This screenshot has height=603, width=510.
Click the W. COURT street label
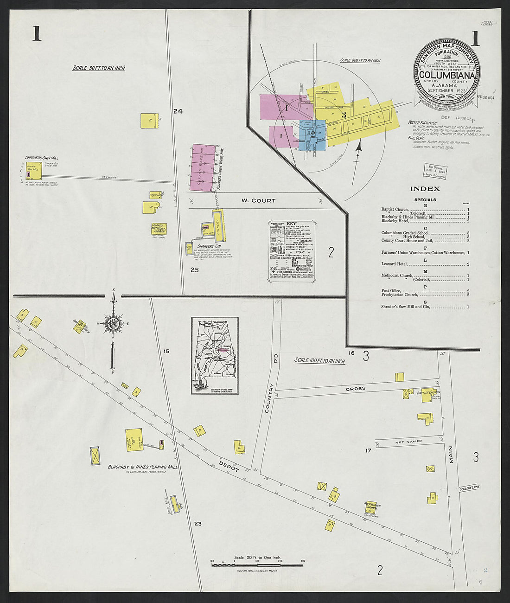click(258, 201)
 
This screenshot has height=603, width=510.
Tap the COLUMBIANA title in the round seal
click(447, 75)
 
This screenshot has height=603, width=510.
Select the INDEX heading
click(425, 189)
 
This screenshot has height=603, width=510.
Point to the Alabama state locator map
click(215, 356)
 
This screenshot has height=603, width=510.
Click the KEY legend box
click(291, 251)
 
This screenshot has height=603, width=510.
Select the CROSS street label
click(355, 389)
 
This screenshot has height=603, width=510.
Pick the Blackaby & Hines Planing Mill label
click(142, 467)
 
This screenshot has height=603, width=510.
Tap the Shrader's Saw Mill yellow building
click(34, 171)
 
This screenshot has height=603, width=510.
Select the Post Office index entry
click(390, 291)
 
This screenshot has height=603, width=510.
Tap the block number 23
click(198, 524)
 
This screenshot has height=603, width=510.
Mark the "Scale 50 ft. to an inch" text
click(99, 68)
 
